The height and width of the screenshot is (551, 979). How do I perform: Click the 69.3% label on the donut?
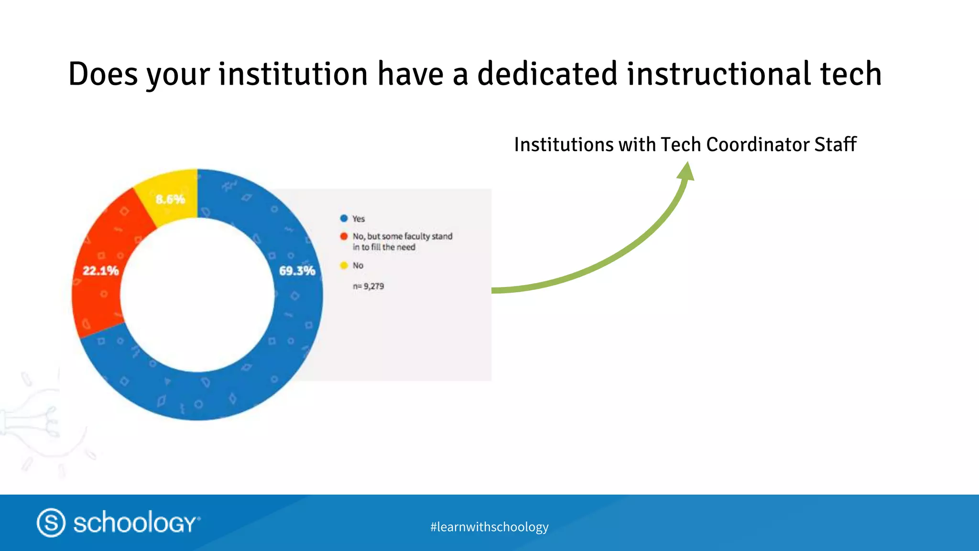pyautogui.click(x=297, y=271)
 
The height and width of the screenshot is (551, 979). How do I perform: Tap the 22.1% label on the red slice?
pyautogui.click(x=100, y=271)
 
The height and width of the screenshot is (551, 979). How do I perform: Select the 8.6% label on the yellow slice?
pyautogui.click(x=170, y=199)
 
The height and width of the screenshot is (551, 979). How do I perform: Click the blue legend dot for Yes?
pyautogui.click(x=344, y=219)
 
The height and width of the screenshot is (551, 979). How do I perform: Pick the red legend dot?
pyautogui.click(x=344, y=236)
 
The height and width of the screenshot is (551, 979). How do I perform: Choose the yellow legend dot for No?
pyautogui.click(x=344, y=265)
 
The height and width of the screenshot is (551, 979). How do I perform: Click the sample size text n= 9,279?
pyautogui.click(x=368, y=287)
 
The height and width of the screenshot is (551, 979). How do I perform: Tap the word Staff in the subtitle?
pyautogui.click(x=836, y=144)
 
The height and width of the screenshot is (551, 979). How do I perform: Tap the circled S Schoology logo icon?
pyautogui.click(x=51, y=522)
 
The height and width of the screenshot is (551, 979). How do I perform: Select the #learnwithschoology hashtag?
pyautogui.click(x=489, y=527)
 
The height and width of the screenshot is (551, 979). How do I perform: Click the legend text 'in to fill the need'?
pyautogui.click(x=384, y=247)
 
